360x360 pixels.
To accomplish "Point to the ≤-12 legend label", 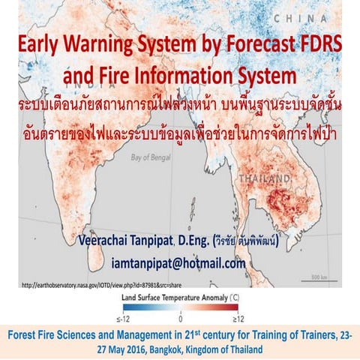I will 128,318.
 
